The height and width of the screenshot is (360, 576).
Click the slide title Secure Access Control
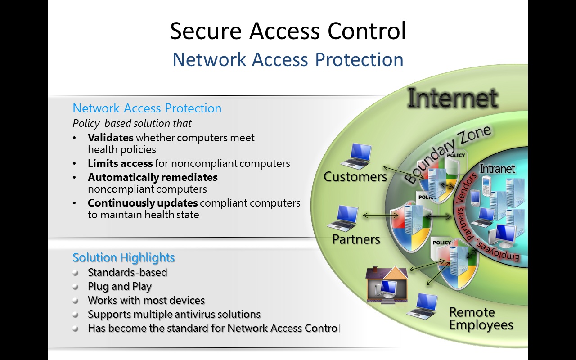[x=288, y=31]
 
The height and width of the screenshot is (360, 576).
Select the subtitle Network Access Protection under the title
[x=288, y=59]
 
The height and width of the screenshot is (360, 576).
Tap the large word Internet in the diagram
[x=452, y=99]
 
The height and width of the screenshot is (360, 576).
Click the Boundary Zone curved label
[x=448, y=154]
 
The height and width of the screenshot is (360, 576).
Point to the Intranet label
[x=497, y=169]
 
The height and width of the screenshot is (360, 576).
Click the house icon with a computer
[x=387, y=284]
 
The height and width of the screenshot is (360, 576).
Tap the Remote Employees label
[x=481, y=319]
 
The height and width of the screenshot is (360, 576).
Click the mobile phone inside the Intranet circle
[x=486, y=186]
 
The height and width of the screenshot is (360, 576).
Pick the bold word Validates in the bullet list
[x=111, y=138]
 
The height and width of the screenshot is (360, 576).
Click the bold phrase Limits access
[x=120, y=163]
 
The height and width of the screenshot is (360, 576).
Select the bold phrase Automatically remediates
[x=153, y=177]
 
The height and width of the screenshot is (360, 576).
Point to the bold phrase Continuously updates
[x=143, y=203]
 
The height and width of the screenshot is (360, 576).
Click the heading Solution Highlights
[x=124, y=257]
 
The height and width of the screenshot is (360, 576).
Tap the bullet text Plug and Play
[x=120, y=286]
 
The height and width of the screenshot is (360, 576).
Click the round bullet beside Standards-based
[x=76, y=273]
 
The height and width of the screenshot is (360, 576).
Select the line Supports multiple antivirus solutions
[x=174, y=314]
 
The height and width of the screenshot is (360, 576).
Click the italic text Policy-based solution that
[x=132, y=123]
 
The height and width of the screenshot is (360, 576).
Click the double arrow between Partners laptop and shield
[x=374, y=216]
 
